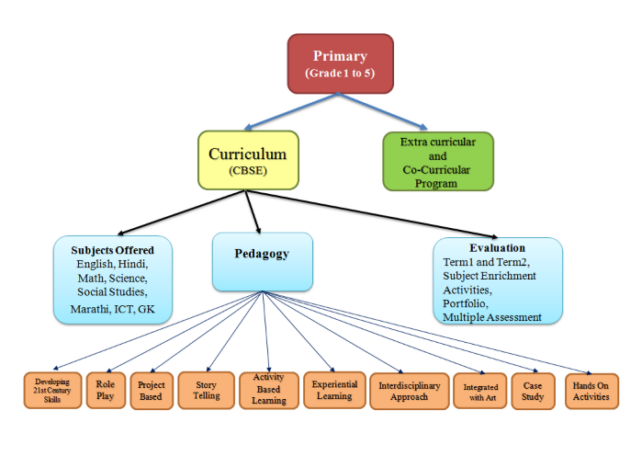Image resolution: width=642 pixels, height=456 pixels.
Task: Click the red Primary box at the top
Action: click(x=340, y=63)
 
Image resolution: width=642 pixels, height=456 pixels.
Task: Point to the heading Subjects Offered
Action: click(x=112, y=250)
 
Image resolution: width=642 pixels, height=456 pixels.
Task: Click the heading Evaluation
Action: click(x=497, y=248)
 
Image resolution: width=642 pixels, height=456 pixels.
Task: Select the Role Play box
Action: click(x=105, y=390)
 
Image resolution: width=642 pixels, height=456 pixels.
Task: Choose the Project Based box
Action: click(x=152, y=390)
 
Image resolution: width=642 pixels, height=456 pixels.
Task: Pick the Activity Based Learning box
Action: click(x=268, y=390)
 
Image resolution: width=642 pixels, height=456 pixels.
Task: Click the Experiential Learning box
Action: click(x=333, y=390)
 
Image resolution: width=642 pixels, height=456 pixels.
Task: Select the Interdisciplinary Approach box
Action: click(x=410, y=390)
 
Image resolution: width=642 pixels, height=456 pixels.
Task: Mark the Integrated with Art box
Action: click(x=479, y=391)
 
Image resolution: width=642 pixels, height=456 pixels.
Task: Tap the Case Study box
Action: click(x=533, y=391)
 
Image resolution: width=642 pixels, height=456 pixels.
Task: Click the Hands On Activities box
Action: click(x=591, y=391)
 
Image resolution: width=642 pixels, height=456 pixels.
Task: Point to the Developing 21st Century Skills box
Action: click(x=52, y=391)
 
